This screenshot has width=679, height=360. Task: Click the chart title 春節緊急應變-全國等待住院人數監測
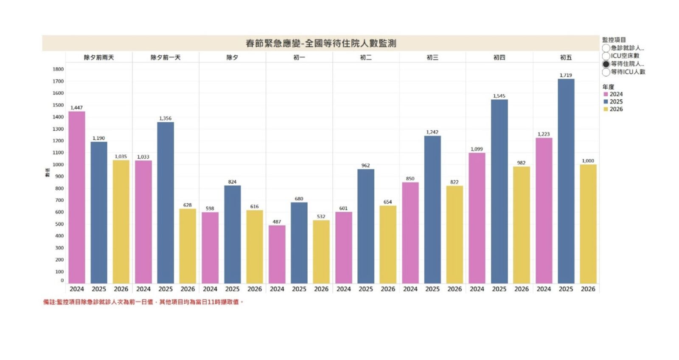pos(321,43)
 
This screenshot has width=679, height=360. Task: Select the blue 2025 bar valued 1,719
pos(566,181)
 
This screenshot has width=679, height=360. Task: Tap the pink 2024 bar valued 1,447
pos(77,197)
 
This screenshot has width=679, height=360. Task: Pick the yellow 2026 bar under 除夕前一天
pos(188,246)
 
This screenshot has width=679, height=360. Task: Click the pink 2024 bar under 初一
pos(277,254)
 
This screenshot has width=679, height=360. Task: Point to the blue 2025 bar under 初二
pos(366,226)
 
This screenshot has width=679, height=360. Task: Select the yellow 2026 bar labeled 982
pos(521,225)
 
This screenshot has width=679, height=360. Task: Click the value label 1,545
pos(499,96)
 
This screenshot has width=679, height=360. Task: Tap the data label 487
pos(277,222)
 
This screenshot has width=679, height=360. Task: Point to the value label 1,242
pos(432,132)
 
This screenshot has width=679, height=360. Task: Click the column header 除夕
pos(232,57)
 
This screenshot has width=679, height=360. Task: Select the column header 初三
pos(432,57)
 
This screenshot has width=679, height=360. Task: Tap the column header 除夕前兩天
pos(99,57)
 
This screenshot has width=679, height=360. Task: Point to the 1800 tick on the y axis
pos(58,69)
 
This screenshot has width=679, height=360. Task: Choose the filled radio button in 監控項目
pos(606,64)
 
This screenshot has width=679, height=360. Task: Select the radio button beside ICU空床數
pos(606,56)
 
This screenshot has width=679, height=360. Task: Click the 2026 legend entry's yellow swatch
pos(606,110)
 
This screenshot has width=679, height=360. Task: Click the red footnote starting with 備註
pos(143,302)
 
